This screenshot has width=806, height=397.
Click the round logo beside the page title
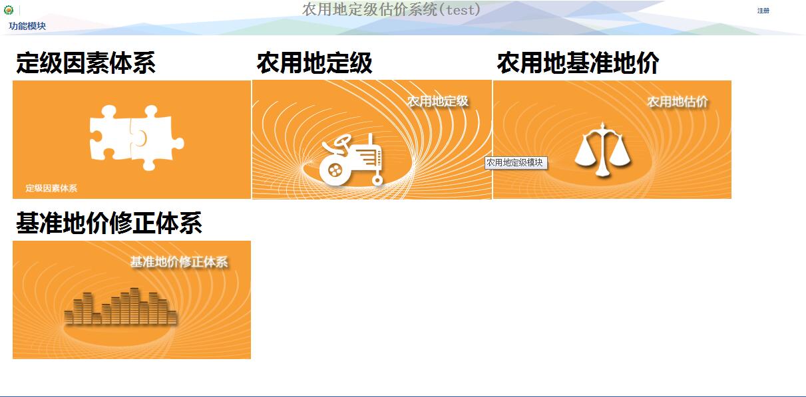[9, 10]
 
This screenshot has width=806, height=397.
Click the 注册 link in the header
[763, 11]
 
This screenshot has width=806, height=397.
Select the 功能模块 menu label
[27, 26]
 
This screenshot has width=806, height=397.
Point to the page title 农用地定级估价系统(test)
[391, 10]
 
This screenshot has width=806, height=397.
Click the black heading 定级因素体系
[86, 63]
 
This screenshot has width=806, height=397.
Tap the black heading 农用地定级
[315, 63]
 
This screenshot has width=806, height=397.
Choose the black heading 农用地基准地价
[578, 63]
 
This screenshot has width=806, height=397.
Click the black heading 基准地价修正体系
[109, 223]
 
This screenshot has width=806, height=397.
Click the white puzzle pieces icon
[136, 138]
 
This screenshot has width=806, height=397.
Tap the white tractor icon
[351, 160]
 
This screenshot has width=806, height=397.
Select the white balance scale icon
[602, 150]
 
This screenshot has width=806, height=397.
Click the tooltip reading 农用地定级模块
[516, 162]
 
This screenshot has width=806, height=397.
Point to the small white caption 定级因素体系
[51, 188]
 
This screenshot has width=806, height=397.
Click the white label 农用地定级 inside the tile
[438, 101]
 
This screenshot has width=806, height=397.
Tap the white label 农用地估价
[678, 102]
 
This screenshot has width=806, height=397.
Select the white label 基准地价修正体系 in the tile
[179, 262]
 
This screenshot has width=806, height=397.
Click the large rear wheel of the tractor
[335, 170]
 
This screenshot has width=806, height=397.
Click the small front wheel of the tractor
[377, 180]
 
